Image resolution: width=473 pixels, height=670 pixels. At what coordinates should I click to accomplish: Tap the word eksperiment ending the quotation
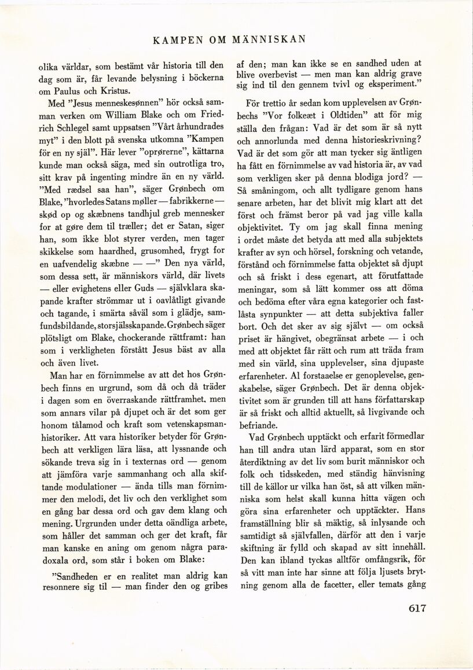[389, 83]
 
